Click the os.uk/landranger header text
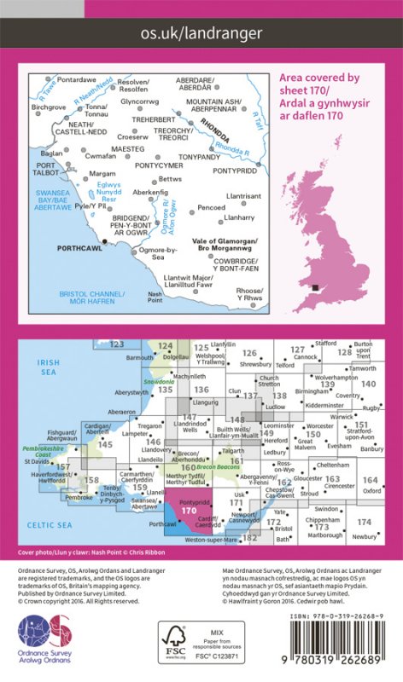pyautogui.click(x=201, y=33)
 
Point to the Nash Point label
pyautogui.click(x=155, y=297)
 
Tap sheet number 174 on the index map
pyautogui.click(x=365, y=521)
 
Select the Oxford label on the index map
pyautogui.click(x=371, y=491)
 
